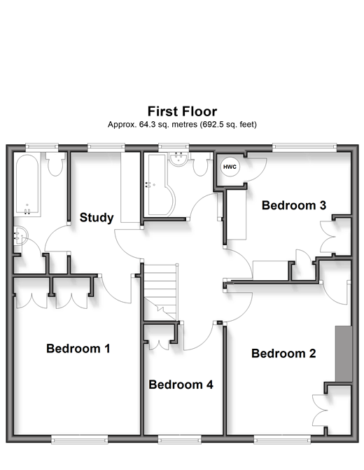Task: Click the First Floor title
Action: (x=182, y=111)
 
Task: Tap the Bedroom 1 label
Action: (x=78, y=349)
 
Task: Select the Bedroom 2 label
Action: (x=283, y=354)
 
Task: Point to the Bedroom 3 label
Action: (x=294, y=205)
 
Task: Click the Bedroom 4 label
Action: (x=181, y=385)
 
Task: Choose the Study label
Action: (x=97, y=218)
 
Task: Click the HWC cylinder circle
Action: (x=230, y=167)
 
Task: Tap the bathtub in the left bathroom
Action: (x=27, y=185)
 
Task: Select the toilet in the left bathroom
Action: (x=55, y=164)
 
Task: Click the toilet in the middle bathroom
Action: (x=200, y=165)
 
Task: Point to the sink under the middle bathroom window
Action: (x=178, y=159)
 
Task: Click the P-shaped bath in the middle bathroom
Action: (x=160, y=185)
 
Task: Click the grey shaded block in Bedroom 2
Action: (x=343, y=354)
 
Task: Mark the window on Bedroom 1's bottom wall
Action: (x=79, y=440)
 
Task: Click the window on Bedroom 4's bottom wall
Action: (x=180, y=440)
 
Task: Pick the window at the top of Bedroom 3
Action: (x=304, y=146)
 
